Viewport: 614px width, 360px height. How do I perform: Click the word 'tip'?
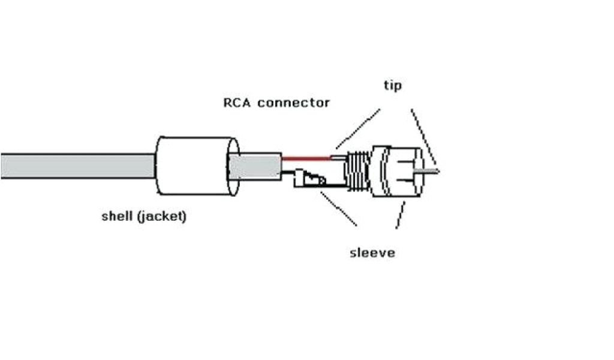pos(393,86)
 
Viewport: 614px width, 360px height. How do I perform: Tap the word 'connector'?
pos(294,103)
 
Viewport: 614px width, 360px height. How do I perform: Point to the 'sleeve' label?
pos(372,252)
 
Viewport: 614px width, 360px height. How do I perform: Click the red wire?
pos(306,159)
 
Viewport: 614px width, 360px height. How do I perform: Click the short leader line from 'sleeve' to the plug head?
pos(400,215)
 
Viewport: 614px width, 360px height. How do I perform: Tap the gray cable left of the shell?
pos(78,166)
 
